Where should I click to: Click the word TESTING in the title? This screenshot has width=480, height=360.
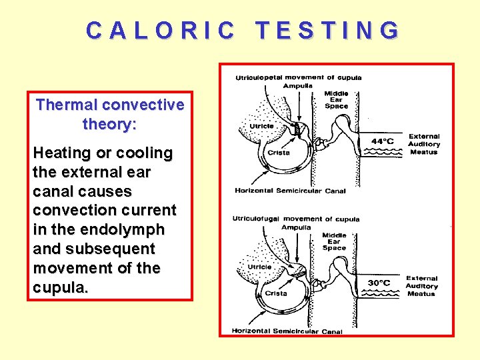(x=328, y=31)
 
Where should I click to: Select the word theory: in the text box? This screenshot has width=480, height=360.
(x=109, y=124)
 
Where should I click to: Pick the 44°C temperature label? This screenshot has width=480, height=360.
(x=381, y=141)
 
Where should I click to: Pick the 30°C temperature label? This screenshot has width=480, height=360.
(x=379, y=283)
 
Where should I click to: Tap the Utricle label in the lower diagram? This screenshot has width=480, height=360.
(x=260, y=267)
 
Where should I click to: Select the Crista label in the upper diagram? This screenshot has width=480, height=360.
(x=279, y=152)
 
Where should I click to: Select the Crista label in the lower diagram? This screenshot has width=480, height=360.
(x=276, y=293)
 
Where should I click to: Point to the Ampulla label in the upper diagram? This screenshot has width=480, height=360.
(x=297, y=85)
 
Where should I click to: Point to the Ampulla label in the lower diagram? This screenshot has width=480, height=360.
(x=296, y=227)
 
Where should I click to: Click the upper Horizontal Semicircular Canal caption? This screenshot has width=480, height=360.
(x=290, y=191)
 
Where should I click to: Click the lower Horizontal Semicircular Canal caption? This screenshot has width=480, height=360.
(x=287, y=331)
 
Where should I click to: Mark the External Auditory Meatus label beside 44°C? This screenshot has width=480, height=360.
(x=424, y=144)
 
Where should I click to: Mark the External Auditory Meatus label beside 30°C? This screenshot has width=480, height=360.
(x=422, y=286)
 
